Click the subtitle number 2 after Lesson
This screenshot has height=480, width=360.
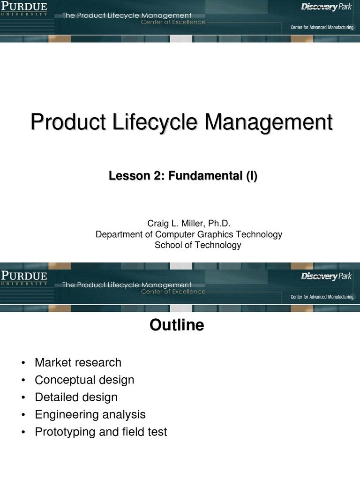pos(157,176)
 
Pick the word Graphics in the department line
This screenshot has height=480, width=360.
pos(221,234)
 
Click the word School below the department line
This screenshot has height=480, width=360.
pos(168,245)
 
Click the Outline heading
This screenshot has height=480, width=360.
pos(177,325)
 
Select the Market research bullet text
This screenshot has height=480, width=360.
pos(78,362)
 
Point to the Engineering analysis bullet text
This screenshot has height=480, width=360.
pos(90,414)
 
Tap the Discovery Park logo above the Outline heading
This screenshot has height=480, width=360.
pos(326,277)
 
